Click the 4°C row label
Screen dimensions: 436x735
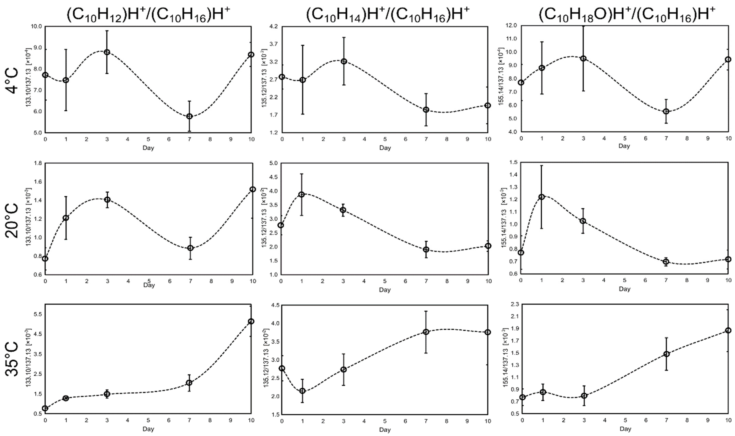pyautogui.click(x=12, y=81)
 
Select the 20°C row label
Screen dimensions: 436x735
pyautogui.click(x=12, y=220)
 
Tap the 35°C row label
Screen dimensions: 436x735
pyautogui.click(x=12, y=359)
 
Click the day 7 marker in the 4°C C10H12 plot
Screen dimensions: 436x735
pyautogui.click(x=189, y=116)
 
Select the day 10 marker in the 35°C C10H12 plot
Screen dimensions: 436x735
pyautogui.click(x=251, y=321)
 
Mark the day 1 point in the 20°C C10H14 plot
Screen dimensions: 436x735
pyautogui.click(x=301, y=194)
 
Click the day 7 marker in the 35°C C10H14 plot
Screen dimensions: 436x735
pyautogui.click(x=426, y=332)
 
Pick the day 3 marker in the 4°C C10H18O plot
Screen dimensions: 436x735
pyautogui.click(x=583, y=58)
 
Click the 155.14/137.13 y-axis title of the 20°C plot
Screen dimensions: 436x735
pyautogui.click(x=504, y=217)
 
